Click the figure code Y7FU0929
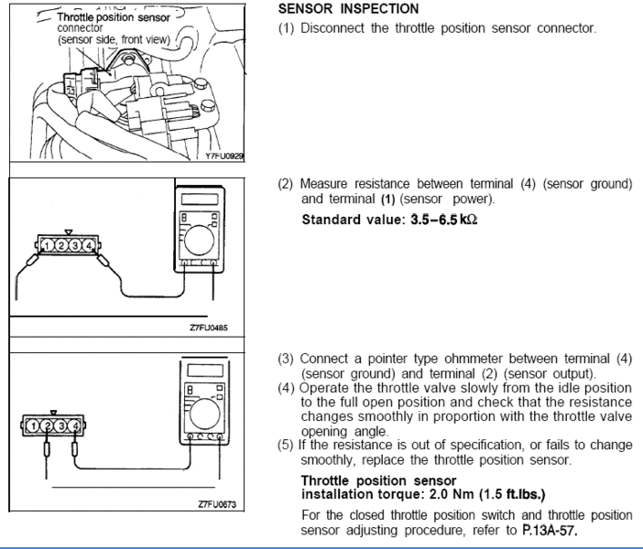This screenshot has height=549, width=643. tap(225, 156)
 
